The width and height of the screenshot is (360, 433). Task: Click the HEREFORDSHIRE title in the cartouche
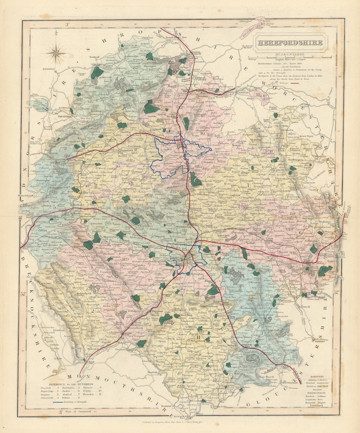[289, 42]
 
